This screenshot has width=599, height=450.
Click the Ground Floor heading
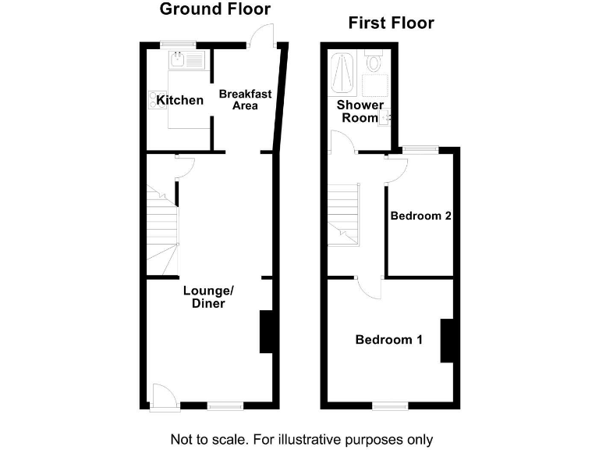214,10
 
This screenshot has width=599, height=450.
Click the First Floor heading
391,23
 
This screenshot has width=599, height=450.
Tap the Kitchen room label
180,100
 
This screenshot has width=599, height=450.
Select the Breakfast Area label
245,99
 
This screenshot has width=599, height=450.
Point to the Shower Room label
360,111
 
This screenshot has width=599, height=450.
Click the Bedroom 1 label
388,340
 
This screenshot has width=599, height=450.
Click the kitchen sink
186,59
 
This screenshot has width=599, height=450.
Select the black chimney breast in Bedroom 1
447,341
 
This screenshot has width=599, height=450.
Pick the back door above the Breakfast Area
264,35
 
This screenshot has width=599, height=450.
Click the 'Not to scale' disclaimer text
301,438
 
